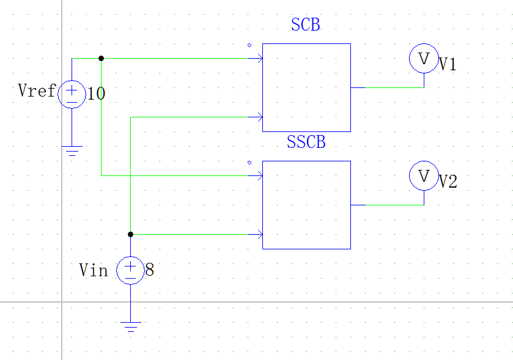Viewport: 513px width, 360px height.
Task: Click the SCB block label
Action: pos(306,25)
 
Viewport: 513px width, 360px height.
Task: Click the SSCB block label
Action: pos(306,142)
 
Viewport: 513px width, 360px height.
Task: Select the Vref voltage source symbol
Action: pos(72,95)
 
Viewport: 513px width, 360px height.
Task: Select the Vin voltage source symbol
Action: pos(130,270)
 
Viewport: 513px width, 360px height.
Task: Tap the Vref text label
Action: pos(37,91)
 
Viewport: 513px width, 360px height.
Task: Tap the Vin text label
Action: pos(94,270)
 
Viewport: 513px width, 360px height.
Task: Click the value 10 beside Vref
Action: pos(96,94)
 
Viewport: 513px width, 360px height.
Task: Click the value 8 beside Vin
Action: pos(149,270)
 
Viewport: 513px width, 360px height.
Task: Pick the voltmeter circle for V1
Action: pos(424,59)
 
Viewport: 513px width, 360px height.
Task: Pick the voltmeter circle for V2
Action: pos(424,176)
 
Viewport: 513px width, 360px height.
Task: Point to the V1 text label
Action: pos(448,65)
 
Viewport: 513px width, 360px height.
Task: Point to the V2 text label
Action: pos(448,182)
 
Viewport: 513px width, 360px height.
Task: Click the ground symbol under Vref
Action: pos(72,151)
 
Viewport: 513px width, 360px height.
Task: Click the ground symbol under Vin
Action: pos(130,326)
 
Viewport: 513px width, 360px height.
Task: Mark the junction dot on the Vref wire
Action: pos(101,59)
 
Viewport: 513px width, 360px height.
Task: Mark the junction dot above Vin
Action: pos(130,234)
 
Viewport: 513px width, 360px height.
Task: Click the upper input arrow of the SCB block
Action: pos(260,59)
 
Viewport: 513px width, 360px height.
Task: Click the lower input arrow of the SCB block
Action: pos(260,117)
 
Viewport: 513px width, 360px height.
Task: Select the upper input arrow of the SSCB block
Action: pos(260,176)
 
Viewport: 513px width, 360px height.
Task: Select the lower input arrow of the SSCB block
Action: pos(260,234)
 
